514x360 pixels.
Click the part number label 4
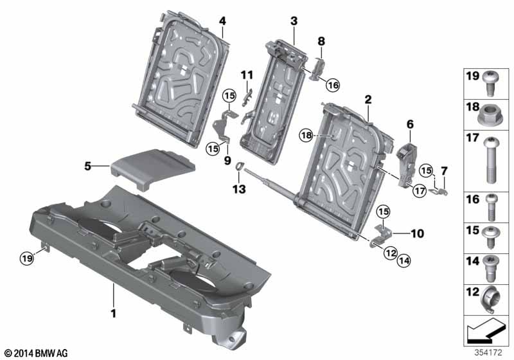(x=222, y=21)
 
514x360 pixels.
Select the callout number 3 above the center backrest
(x=294, y=21)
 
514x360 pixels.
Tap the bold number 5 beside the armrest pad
(x=88, y=166)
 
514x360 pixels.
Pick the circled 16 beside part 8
(x=332, y=85)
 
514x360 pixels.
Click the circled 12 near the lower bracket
(x=391, y=255)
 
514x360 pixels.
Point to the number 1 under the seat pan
(x=113, y=313)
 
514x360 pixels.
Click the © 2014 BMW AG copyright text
(x=35, y=353)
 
